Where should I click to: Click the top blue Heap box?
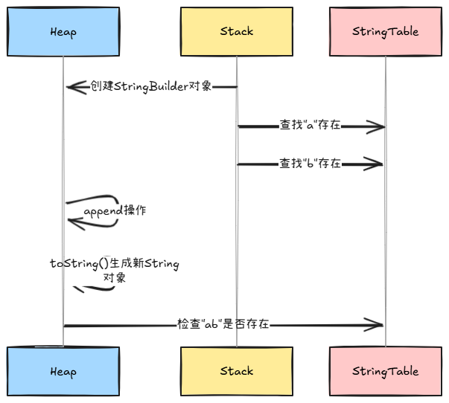63,31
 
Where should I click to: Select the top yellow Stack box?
237,31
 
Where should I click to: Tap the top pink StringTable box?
386,31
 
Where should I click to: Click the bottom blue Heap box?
63,371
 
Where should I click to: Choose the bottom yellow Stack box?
237,371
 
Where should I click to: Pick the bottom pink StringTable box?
386,371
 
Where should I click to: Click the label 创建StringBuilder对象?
151,86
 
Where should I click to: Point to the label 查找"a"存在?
311,126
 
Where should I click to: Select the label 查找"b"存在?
311,164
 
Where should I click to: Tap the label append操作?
115,211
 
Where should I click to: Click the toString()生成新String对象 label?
115,270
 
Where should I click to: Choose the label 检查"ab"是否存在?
223,325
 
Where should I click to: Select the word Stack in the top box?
237,31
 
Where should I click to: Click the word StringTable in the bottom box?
386,371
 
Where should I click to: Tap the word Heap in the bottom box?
63,371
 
